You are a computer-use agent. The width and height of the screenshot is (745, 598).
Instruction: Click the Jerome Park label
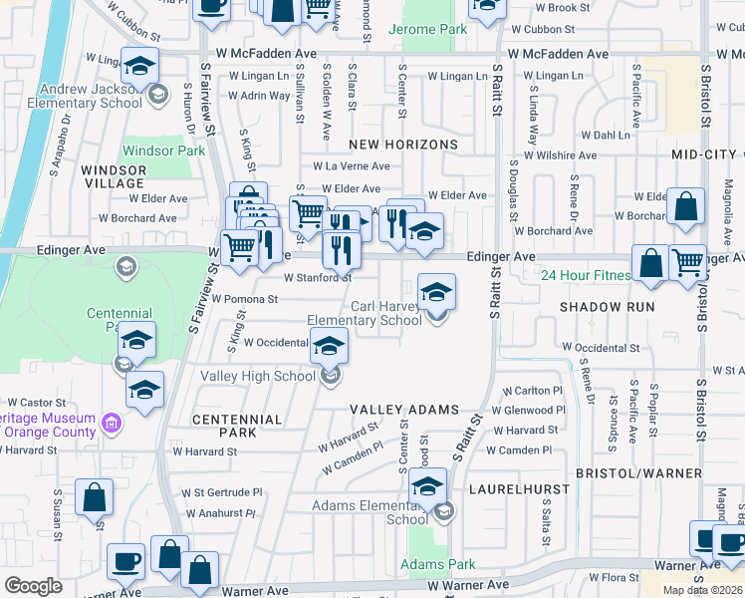(429, 30)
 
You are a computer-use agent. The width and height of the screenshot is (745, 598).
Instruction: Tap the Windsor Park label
(163, 151)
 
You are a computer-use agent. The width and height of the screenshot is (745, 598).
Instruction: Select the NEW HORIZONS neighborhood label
(402, 145)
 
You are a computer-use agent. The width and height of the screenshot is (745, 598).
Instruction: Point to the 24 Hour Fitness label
(586, 276)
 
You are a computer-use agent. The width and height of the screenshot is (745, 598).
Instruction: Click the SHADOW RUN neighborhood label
(608, 307)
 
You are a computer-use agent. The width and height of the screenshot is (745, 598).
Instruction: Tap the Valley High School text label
(258, 376)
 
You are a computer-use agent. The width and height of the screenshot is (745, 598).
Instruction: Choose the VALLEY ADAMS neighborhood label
(403, 410)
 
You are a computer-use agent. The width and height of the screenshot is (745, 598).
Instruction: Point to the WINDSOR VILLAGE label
(114, 177)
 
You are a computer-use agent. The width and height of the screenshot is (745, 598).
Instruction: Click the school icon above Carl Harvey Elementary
(435, 292)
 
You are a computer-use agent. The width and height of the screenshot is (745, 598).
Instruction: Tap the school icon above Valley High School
(329, 346)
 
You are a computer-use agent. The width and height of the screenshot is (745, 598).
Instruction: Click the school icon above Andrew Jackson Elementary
(140, 66)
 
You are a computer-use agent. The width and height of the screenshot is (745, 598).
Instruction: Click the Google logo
(33, 586)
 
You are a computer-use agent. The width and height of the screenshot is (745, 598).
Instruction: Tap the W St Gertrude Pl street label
(221, 492)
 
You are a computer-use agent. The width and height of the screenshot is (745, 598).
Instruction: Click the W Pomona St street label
(244, 299)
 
